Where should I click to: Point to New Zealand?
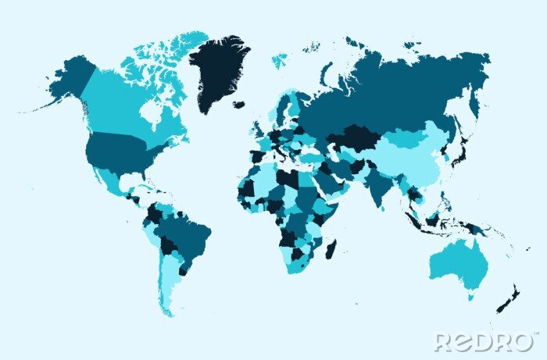[508, 299]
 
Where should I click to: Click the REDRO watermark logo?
[485, 341]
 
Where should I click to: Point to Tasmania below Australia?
[470, 296]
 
